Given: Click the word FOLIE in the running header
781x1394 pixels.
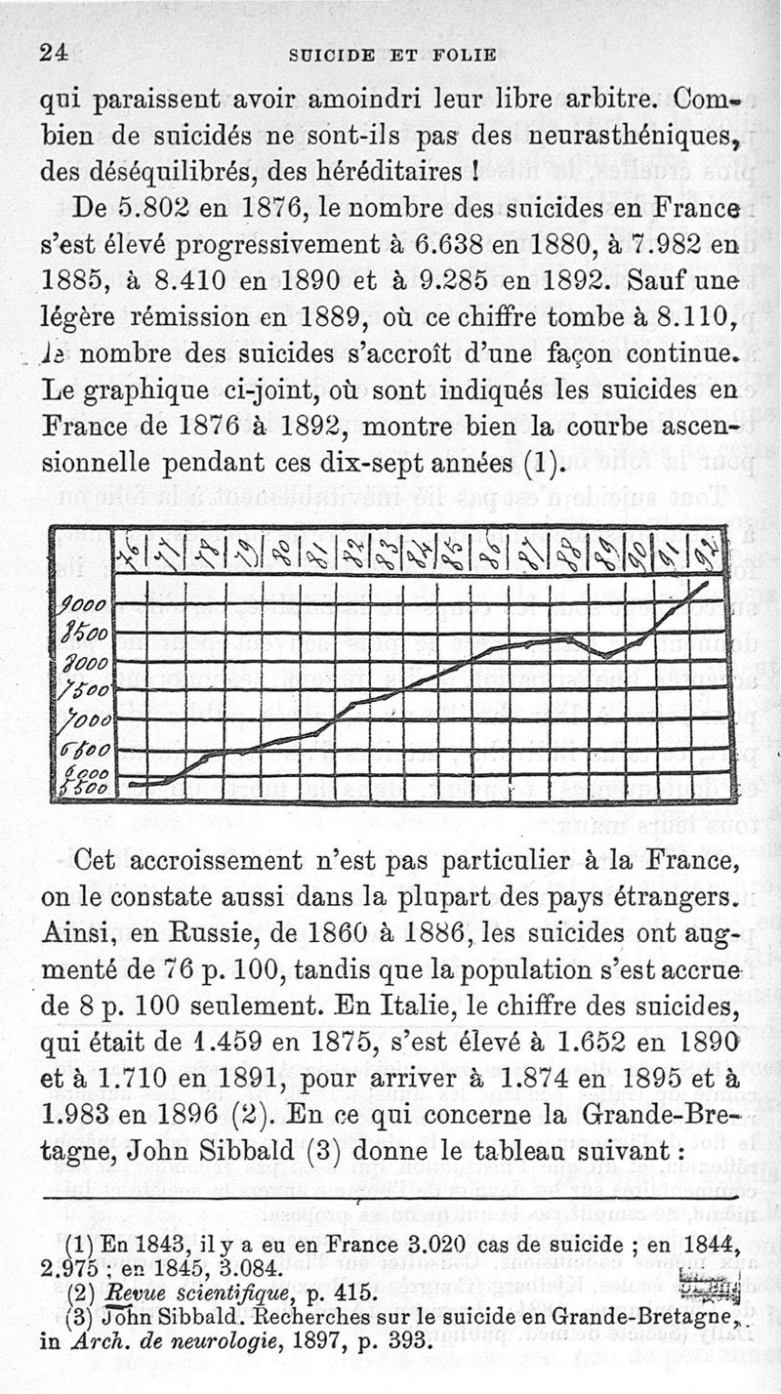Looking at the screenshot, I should point(464,55).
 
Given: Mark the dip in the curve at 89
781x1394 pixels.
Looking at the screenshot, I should point(605,655).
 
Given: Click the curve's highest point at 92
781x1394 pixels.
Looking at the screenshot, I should point(707,584).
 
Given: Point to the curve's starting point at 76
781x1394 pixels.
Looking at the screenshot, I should point(131,783).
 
